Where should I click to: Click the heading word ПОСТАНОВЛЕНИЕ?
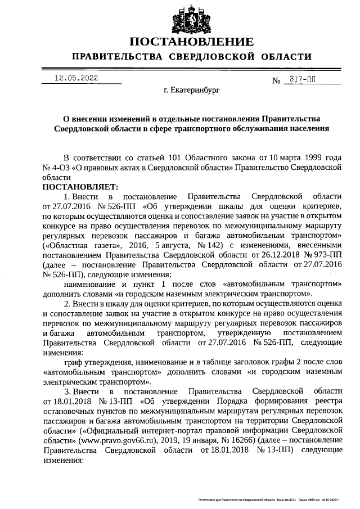click(191, 42)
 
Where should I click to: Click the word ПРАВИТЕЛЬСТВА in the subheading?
click(112, 57)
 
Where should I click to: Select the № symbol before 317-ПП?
click(276, 80)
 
